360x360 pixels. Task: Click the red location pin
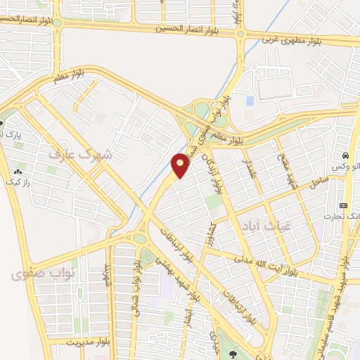coord(181,165)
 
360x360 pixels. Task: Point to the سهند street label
coord(108,275)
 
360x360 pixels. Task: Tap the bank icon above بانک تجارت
coord(343,205)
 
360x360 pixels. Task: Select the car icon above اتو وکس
coord(346,155)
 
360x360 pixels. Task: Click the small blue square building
coord(250,101)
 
